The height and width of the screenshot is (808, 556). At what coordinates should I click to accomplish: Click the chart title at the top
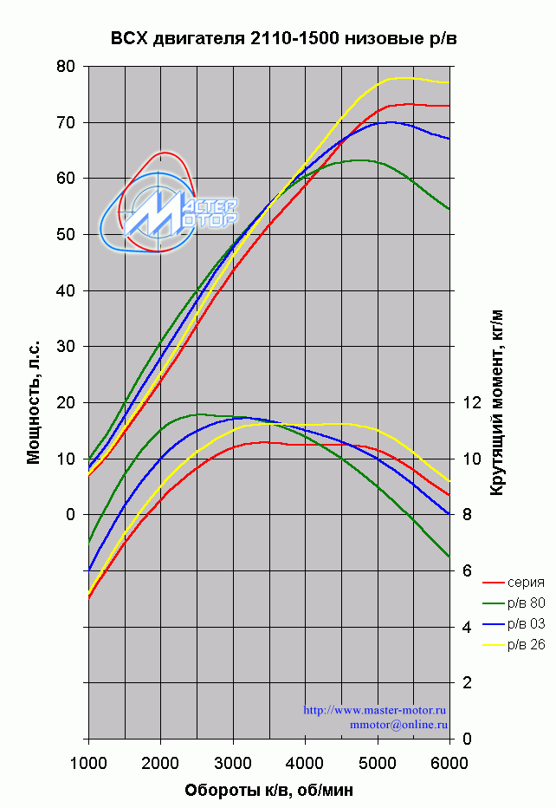pyautogui.click(x=283, y=38)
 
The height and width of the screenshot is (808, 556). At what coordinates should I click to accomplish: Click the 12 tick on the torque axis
pyautogui.click(x=472, y=403)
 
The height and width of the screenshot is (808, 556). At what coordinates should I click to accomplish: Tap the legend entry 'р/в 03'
pyautogui.click(x=526, y=623)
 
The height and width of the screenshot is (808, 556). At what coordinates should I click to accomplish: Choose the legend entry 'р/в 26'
pyautogui.click(x=526, y=643)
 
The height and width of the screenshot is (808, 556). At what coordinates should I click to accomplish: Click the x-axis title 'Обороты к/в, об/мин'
pyautogui.click(x=268, y=790)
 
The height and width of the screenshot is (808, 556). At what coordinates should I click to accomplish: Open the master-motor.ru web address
pyautogui.click(x=375, y=710)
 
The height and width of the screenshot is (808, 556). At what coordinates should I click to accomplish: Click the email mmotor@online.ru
pyautogui.click(x=398, y=723)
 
